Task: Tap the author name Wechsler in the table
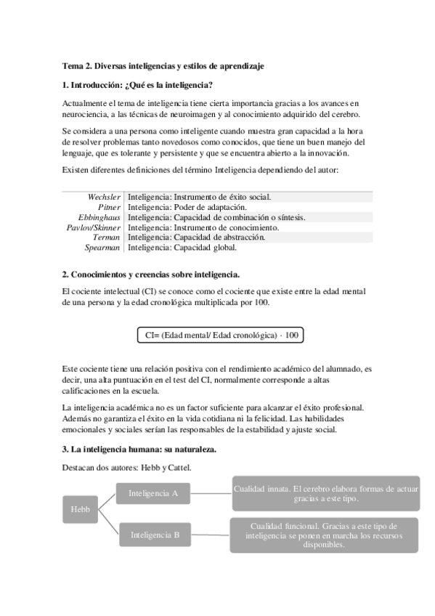(104, 197)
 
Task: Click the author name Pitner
(109, 207)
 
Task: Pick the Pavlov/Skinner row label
(94, 227)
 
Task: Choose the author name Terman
(107, 237)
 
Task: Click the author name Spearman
(103, 247)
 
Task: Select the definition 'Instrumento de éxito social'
(199, 197)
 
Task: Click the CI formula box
(220, 335)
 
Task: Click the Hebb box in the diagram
(81, 509)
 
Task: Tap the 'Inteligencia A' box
(153, 493)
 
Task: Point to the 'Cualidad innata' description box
(325, 494)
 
